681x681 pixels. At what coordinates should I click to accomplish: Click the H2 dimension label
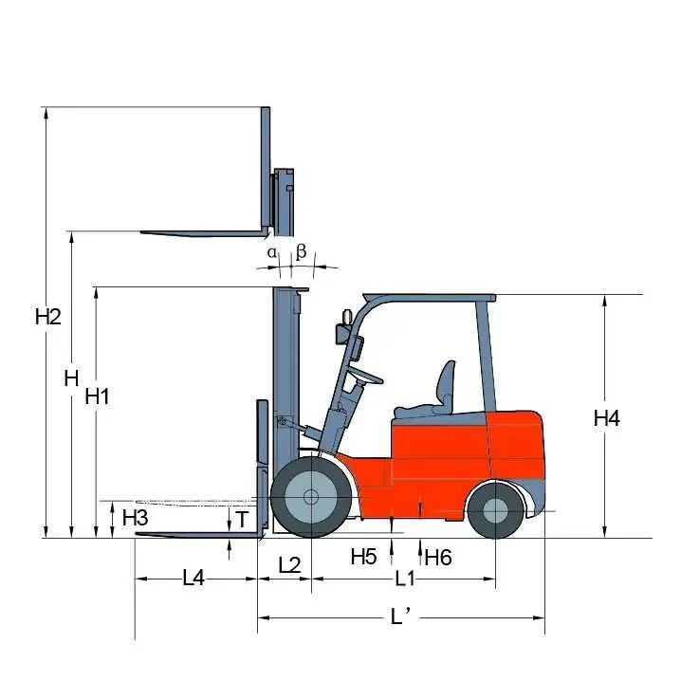pos(48,317)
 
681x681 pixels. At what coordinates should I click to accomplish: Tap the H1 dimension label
pos(98,396)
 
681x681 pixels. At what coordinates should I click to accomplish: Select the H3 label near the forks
pos(135,517)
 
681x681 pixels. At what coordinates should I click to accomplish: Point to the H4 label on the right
pos(607,418)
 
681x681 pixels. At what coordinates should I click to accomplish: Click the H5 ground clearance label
pos(364,557)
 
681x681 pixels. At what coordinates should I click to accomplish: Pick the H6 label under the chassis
pos(438,558)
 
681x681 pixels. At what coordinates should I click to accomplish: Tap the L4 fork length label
pos(193,578)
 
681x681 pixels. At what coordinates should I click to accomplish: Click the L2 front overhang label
pos(289,565)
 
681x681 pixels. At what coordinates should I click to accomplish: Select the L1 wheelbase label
pos(405,579)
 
